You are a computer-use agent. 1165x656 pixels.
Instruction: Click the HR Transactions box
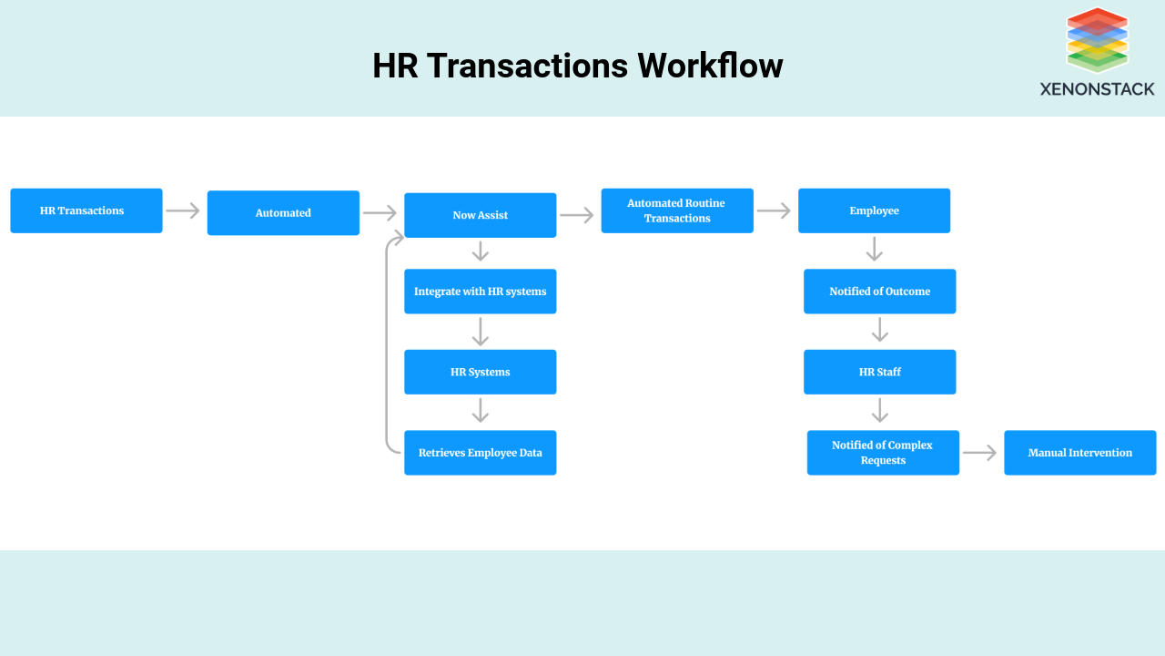[86, 210]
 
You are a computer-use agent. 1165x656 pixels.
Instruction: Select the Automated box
[283, 213]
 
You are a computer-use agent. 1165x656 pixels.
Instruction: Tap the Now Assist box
[480, 215]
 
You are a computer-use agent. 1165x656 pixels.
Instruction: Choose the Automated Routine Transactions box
[677, 210]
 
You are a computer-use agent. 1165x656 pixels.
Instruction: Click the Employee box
[874, 210]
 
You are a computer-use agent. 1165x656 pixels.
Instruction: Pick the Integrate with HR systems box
[480, 292]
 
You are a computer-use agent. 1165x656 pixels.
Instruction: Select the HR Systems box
[480, 372]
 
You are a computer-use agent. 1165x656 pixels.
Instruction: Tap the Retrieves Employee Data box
[480, 453]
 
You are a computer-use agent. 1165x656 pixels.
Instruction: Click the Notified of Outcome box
[879, 292]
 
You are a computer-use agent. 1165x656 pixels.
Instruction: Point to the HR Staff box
[879, 372]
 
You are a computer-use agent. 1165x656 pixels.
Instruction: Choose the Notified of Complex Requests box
[883, 453]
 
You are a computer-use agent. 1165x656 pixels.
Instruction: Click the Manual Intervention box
[1079, 453]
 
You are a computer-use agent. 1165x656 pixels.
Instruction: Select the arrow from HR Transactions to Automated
[183, 210]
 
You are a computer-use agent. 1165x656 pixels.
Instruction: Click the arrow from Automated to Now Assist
[380, 213]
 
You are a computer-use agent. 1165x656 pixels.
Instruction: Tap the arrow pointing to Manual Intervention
[979, 453]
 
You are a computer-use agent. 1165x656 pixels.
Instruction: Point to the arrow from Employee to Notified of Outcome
[874, 249]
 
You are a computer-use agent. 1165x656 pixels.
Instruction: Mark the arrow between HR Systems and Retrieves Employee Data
[480, 411]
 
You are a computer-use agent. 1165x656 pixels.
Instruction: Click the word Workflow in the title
[710, 66]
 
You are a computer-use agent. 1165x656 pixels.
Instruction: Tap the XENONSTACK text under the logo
[1097, 89]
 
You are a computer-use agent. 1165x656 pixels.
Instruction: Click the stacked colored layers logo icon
[1097, 40]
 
